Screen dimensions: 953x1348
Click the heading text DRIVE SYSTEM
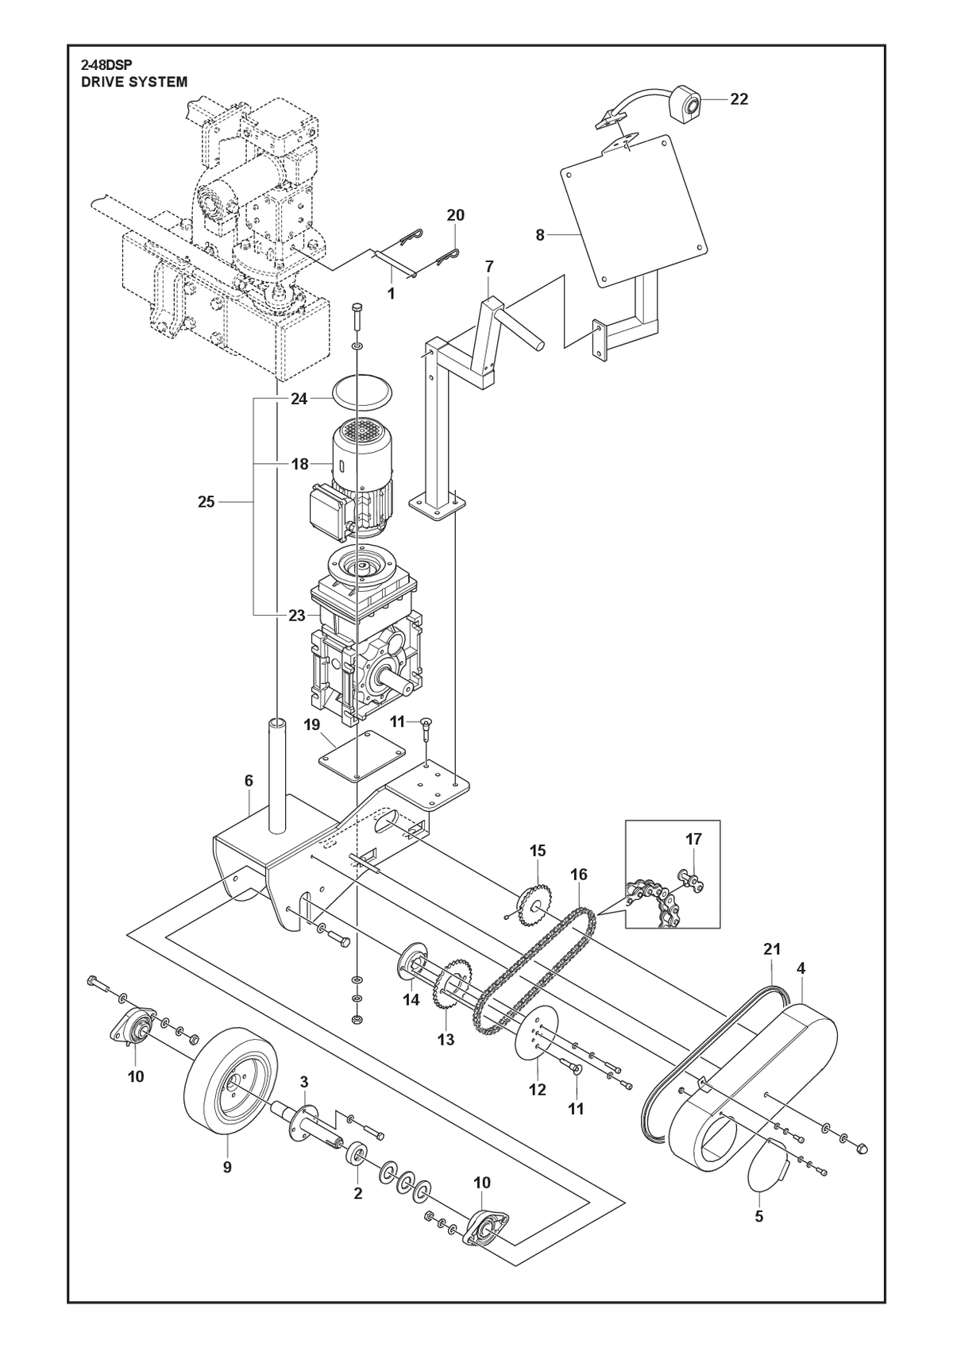click(x=134, y=82)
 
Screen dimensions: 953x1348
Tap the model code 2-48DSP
click(x=106, y=66)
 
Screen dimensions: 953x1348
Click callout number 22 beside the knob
click(x=739, y=99)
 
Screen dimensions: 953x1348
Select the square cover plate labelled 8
click(x=634, y=210)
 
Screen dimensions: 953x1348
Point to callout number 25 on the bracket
click(x=206, y=501)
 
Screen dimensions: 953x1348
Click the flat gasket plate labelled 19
click(x=361, y=758)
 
